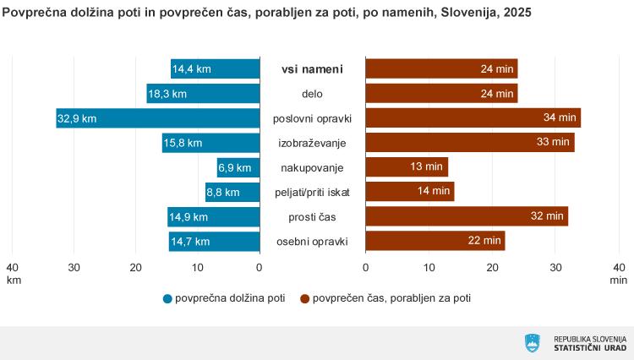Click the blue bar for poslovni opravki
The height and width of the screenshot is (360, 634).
click(x=158, y=118)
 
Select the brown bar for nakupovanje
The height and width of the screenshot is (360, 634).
click(x=406, y=167)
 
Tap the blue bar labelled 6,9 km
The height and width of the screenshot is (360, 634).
click(x=238, y=167)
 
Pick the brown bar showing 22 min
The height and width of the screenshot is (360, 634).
click(x=435, y=241)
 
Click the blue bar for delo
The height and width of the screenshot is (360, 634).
click(x=203, y=94)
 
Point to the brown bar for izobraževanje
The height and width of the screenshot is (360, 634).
click(x=469, y=143)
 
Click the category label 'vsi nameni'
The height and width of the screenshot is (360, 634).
click(x=312, y=69)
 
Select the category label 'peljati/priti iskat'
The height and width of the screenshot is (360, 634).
click(x=312, y=193)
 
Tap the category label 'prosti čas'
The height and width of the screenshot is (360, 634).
click(x=312, y=217)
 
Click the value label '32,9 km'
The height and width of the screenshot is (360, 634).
click(x=77, y=119)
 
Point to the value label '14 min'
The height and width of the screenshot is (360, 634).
click(x=434, y=192)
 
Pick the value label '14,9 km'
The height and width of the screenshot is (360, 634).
click(x=189, y=217)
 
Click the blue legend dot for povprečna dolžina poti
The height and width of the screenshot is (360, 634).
click(x=167, y=298)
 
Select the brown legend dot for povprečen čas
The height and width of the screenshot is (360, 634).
click(x=304, y=298)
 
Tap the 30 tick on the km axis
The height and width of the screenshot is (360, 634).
click(x=74, y=268)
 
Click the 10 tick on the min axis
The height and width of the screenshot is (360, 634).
click(x=429, y=268)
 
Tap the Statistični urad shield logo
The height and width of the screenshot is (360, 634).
click(x=533, y=343)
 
